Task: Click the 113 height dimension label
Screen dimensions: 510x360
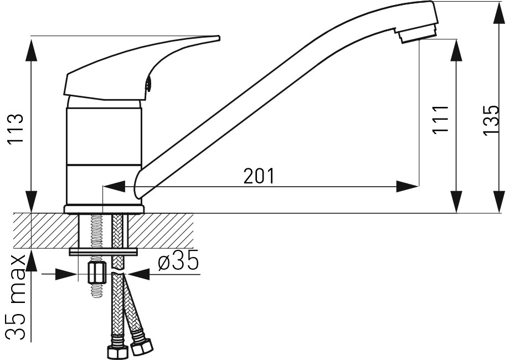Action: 16,129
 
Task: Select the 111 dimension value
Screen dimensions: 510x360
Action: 440,119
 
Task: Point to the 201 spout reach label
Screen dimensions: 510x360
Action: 259,176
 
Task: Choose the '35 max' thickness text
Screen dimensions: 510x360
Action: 16,297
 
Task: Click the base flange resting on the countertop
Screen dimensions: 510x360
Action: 104,209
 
